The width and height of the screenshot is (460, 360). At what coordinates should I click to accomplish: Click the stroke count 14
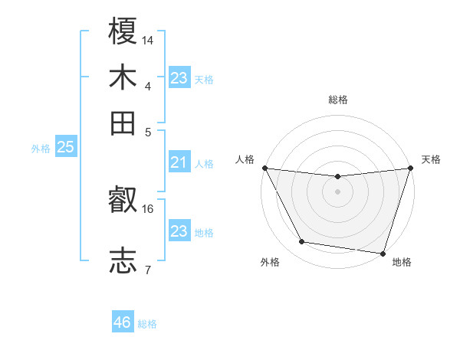149,40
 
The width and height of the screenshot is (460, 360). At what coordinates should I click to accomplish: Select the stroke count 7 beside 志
148,269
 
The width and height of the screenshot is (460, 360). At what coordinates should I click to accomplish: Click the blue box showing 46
123,322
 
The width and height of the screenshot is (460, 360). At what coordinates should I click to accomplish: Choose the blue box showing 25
65,148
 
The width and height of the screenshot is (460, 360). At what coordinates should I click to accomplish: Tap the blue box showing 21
179,162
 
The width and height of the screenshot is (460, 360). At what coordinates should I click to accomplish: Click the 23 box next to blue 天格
179,78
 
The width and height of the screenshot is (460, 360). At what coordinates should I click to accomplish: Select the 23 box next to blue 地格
179,231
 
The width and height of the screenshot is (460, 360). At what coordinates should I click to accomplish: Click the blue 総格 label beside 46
148,324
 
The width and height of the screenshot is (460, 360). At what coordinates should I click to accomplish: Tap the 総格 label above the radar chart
337,100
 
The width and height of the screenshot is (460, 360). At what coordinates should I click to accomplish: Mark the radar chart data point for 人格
264,168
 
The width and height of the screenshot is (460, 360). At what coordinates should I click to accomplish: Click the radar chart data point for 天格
410,168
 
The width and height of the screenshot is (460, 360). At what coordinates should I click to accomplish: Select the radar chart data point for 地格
383,253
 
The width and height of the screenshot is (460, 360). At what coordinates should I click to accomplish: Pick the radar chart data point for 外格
302,242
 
